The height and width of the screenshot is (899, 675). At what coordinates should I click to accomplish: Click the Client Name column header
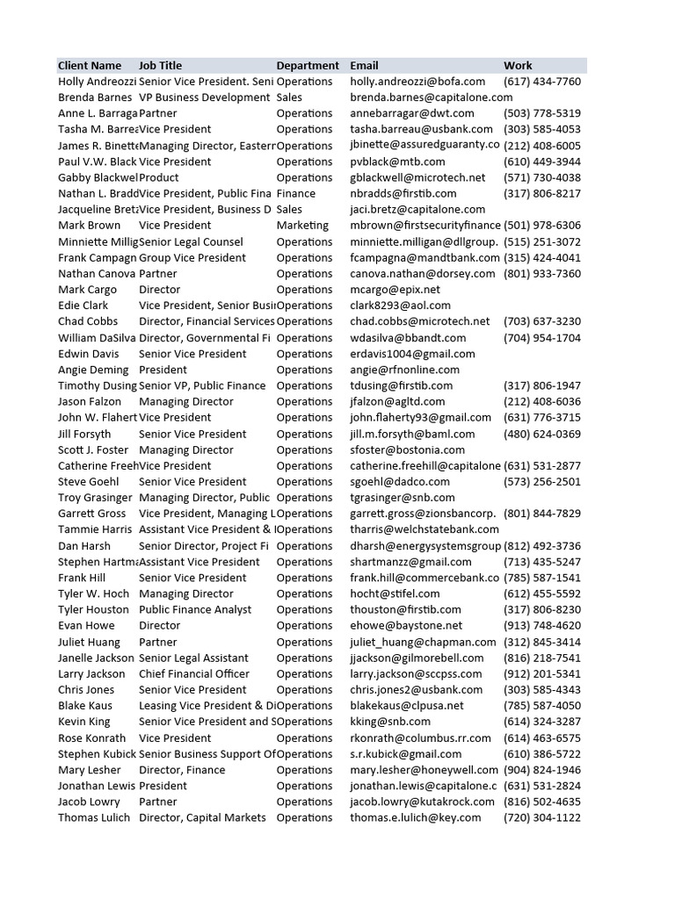point(90,66)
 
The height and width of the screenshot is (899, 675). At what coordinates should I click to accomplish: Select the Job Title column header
point(160,66)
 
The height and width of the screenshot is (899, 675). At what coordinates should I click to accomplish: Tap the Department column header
point(307,66)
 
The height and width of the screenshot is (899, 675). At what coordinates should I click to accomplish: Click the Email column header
point(364,66)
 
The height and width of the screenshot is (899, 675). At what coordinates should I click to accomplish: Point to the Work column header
point(518,66)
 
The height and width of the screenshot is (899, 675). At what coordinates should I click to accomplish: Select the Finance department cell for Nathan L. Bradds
point(295,193)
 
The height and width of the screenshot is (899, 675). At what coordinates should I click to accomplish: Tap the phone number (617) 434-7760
point(541,82)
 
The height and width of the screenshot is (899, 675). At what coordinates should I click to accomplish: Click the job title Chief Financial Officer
point(193,674)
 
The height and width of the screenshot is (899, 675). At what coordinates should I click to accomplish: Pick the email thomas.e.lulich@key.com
point(416,818)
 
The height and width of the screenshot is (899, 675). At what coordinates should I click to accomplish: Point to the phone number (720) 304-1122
point(541,818)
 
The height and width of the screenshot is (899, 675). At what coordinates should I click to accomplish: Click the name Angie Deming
point(93,370)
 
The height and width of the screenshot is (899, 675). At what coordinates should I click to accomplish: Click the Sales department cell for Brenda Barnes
point(289,97)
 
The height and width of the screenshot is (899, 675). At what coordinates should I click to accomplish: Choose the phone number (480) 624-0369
point(541,434)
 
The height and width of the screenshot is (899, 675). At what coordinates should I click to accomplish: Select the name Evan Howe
point(86,626)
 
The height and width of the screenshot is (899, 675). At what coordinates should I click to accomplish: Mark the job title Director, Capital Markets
point(202,818)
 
